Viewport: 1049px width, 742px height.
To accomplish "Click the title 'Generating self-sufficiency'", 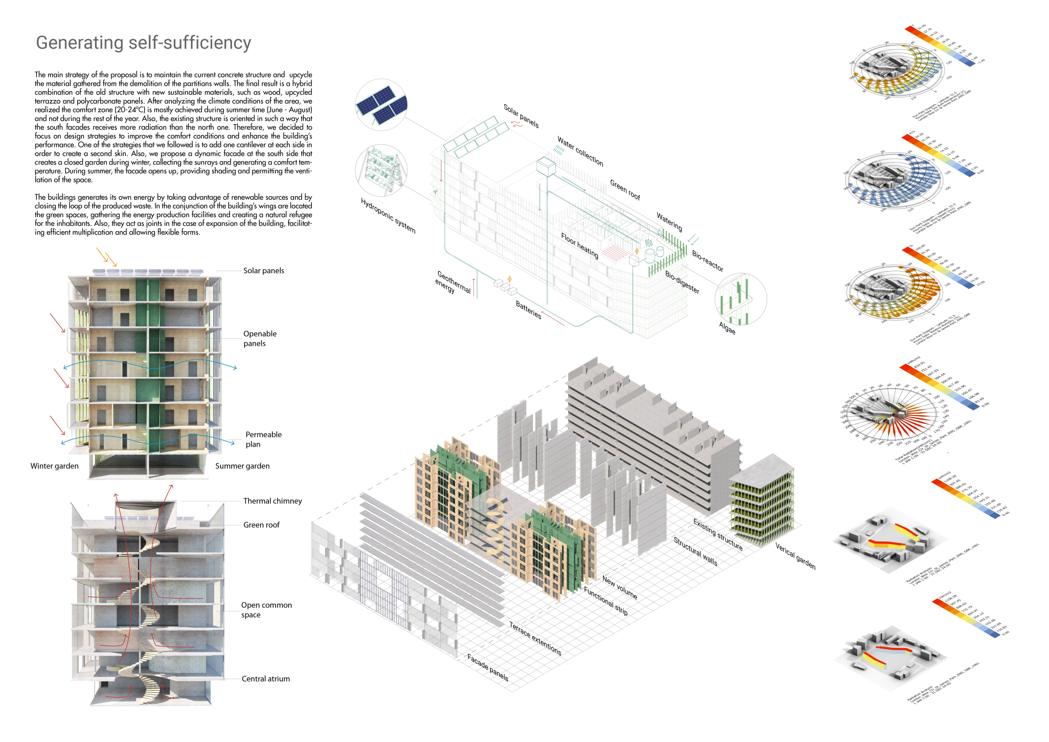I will pyautogui.click(x=144, y=42).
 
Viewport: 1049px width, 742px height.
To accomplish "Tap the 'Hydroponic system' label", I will pyautogui.click(x=388, y=216).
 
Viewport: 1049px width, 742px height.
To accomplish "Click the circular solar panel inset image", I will pyautogui.click(x=381, y=105).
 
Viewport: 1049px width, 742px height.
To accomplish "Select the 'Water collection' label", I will pyautogui.click(x=580, y=151).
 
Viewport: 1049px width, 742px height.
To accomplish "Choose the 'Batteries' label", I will pyautogui.click(x=528, y=310).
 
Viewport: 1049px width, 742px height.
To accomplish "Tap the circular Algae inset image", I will pyautogui.click(x=741, y=299).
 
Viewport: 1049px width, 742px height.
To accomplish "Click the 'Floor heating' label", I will pyautogui.click(x=579, y=246).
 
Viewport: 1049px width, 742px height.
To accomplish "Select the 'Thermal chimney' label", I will pyautogui.click(x=272, y=501).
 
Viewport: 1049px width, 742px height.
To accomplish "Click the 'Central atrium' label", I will pyautogui.click(x=266, y=679).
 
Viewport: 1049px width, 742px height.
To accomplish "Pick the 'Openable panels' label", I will pyautogui.click(x=259, y=339).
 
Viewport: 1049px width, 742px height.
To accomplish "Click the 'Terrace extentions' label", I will pyautogui.click(x=535, y=638).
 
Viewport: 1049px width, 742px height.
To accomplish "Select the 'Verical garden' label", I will pyautogui.click(x=795, y=556).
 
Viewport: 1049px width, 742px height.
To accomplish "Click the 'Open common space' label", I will pyautogui.click(x=266, y=610).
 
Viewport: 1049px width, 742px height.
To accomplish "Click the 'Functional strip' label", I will pyautogui.click(x=605, y=601).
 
